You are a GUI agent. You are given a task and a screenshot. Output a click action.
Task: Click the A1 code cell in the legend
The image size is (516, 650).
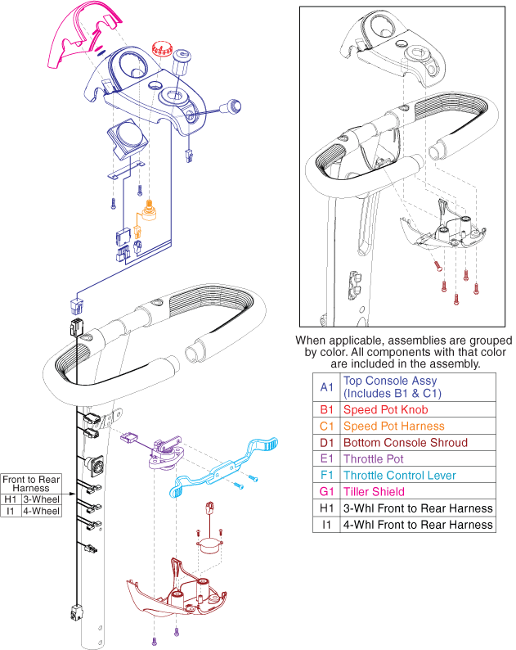tap(326, 386)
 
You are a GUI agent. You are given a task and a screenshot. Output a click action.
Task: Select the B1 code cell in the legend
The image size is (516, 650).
tap(326, 409)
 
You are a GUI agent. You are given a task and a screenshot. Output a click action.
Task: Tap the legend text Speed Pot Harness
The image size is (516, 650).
tap(393, 426)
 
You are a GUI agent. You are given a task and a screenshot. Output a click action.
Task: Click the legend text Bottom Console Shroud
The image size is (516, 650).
tap(405, 442)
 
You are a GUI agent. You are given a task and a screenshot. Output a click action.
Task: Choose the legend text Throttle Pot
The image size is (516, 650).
tap(375, 458)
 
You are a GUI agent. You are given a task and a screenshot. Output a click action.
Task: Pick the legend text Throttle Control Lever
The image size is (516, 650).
tap(411, 476)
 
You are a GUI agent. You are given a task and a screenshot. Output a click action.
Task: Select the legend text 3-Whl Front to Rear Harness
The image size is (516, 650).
tap(418, 508)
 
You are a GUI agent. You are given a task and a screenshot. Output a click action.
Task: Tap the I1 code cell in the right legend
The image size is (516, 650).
tap(326, 525)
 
